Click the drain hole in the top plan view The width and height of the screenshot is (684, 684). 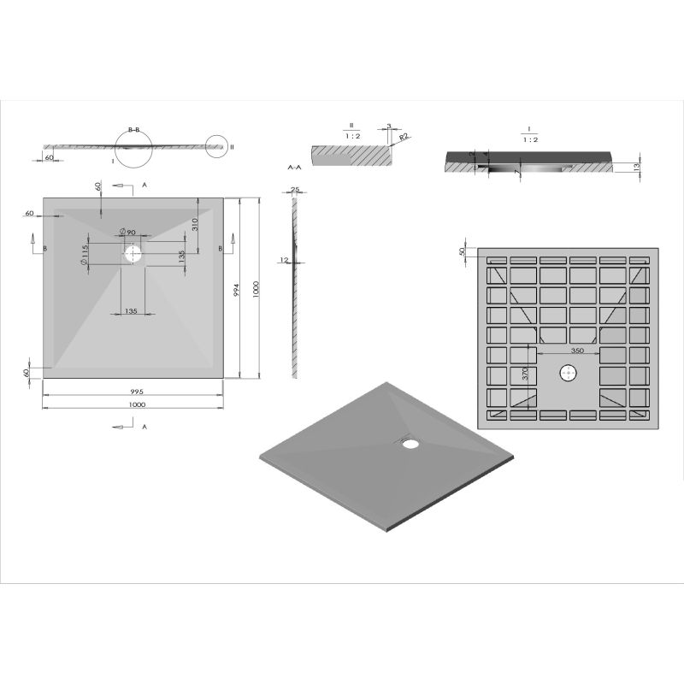pyautogui.click(x=133, y=254)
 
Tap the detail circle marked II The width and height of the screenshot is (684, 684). pyautogui.click(x=217, y=147)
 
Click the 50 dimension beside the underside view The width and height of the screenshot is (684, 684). pyautogui.click(x=463, y=251)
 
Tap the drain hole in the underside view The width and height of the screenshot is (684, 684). pyautogui.click(x=568, y=373)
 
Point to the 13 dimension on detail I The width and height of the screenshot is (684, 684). pyautogui.click(x=639, y=166)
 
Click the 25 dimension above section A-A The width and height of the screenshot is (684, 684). pyautogui.click(x=295, y=189)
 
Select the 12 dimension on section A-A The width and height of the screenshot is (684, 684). pyautogui.click(x=282, y=260)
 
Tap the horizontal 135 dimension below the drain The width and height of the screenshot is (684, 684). pyautogui.click(x=132, y=311)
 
